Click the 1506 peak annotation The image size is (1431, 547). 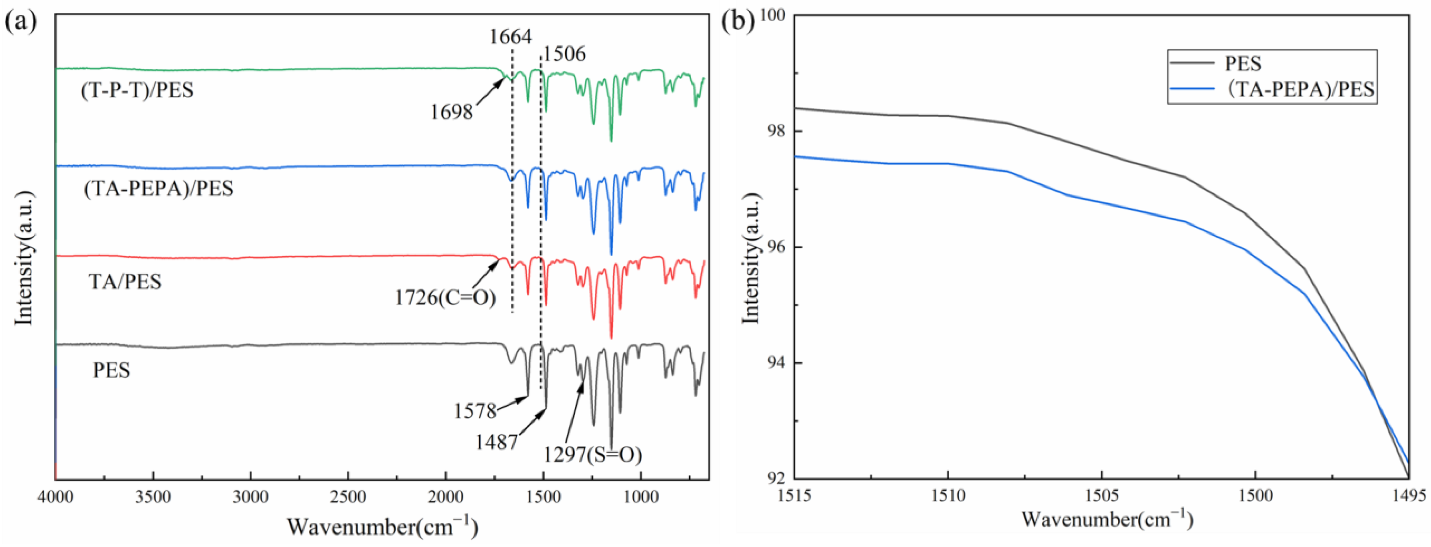coord(564,54)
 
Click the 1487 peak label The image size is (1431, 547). coord(496,442)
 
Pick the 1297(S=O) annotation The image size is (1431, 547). coord(592,455)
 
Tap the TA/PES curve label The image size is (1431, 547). coord(125,282)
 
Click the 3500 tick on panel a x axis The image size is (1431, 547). coord(153,496)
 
